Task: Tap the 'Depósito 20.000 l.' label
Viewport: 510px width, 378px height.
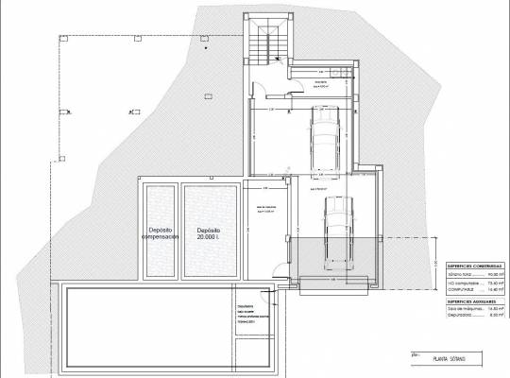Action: (x=209, y=233)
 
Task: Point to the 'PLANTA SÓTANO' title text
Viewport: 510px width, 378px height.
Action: (x=464, y=359)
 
